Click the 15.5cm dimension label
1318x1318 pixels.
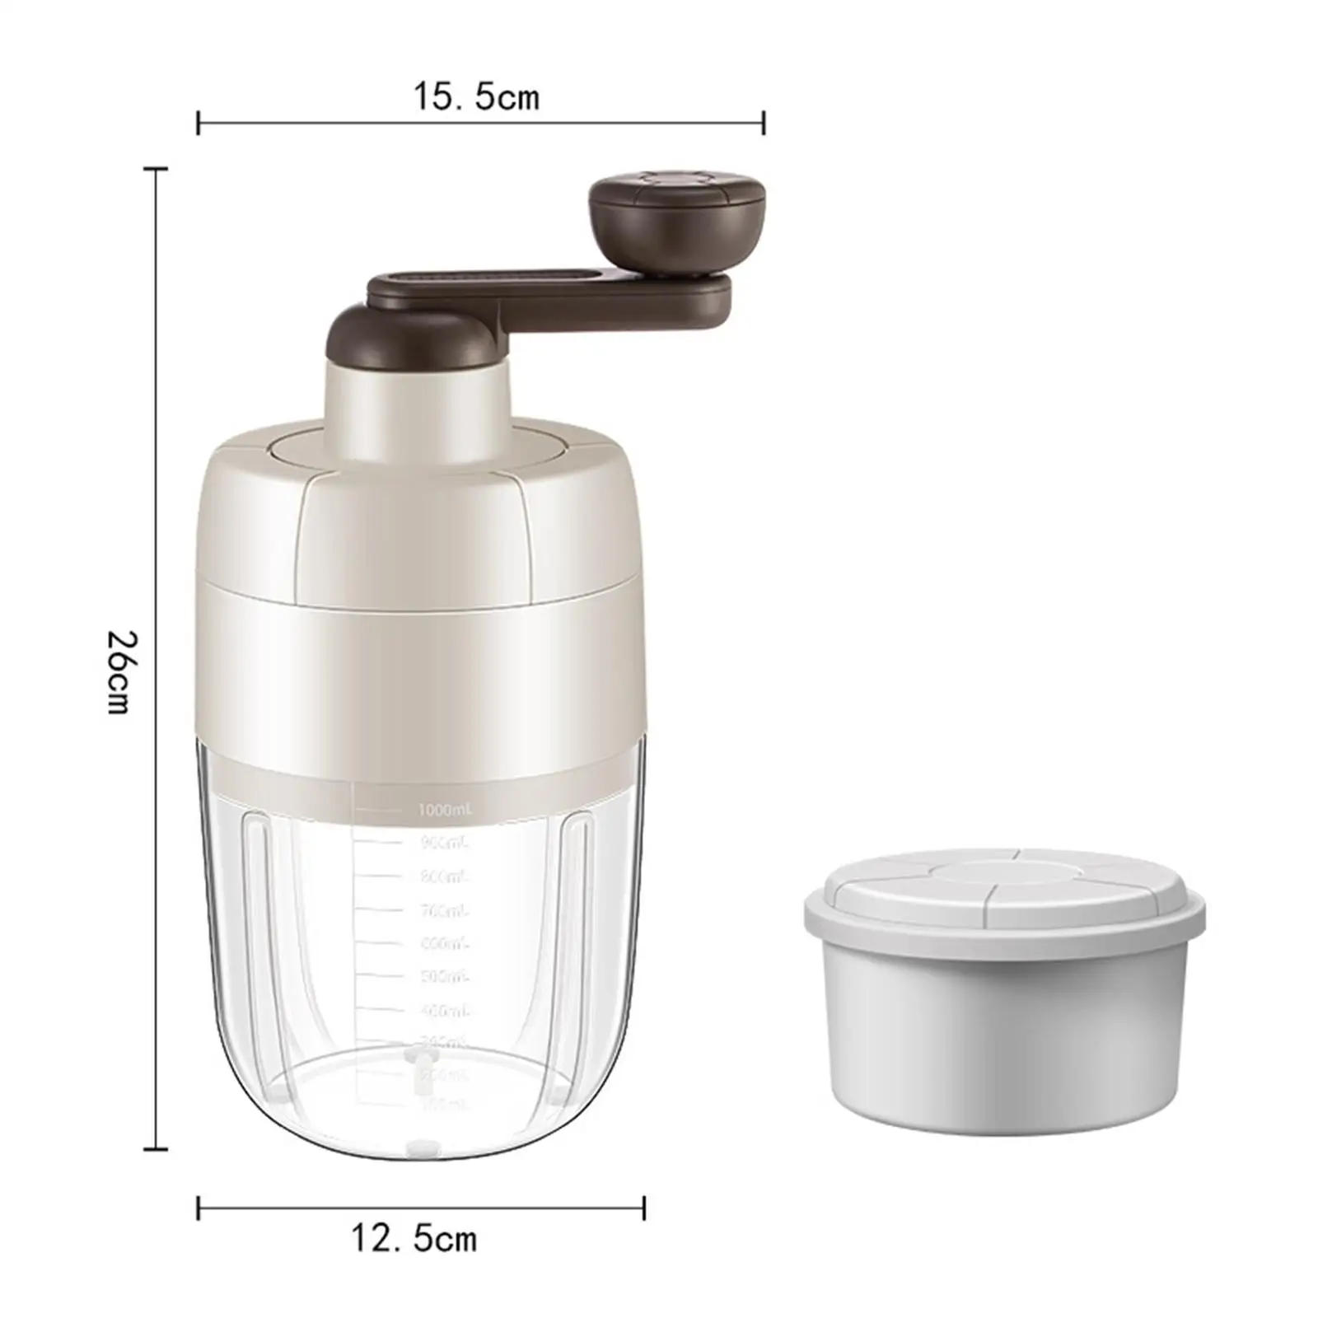476,97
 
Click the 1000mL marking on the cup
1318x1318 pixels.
446,811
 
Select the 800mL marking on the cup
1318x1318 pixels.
444,876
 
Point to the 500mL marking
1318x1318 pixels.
444,977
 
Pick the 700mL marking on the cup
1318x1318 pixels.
444,910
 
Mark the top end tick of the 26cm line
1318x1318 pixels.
156,169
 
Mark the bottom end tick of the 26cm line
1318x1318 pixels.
156,1147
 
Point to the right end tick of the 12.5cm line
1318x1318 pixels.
644,1208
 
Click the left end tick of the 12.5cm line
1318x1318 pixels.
199,1208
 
